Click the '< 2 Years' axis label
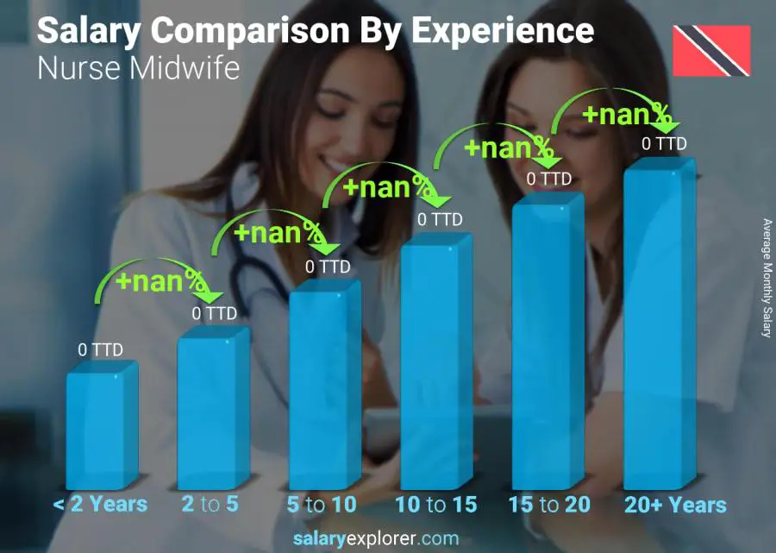[x=100, y=505]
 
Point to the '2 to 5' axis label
[x=210, y=505]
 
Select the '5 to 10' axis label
[x=322, y=505]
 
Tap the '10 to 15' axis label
[x=435, y=505]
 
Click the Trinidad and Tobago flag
[x=711, y=50]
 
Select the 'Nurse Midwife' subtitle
[x=138, y=69]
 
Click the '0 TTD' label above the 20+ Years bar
[x=664, y=144]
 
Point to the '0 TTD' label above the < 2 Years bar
[x=101, y=349]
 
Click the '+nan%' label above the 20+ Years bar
[x=626, y=114]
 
